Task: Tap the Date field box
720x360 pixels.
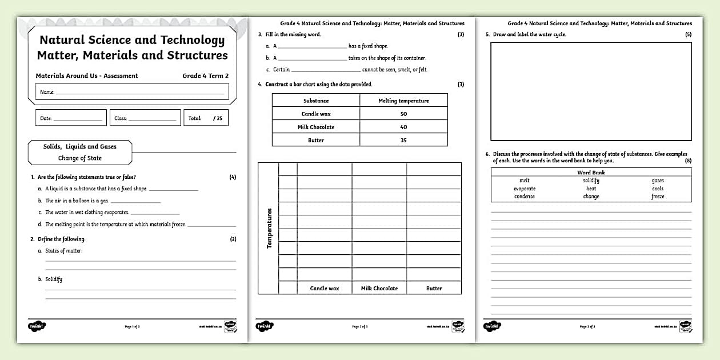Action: (x=71, y=118)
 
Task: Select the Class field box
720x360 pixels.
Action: (x=145, y=118)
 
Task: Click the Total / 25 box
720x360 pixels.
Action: (x=206, y=118)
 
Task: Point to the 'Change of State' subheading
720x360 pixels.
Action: (x=79, y=158)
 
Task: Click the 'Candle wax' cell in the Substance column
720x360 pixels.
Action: (x=316, y=114)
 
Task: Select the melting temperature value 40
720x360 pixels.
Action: (x=403, y=127)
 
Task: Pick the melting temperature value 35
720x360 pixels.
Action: (x=403, y=140)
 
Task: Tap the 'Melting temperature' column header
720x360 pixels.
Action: (x=403, y=101)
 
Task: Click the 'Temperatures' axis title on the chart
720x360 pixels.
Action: (x=269, y=227)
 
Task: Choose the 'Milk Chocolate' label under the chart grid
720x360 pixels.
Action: (x=379, y=289)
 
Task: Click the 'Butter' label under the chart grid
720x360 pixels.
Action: (x=434, y=289)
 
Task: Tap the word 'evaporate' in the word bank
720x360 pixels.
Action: (x=524, y=189)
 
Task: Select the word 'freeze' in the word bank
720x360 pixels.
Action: (x=658, y=197)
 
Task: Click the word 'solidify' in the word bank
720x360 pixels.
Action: (x=591, y=181)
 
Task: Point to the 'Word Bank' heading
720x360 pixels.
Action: (x=591, y=172)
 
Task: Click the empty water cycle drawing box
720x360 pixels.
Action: (x=591, y=91)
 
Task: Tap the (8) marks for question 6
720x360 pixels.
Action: (x=688, y=161)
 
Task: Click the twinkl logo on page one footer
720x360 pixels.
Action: (x=37, y=326)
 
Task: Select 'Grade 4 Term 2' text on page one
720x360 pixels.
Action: (x=206, y=75)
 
